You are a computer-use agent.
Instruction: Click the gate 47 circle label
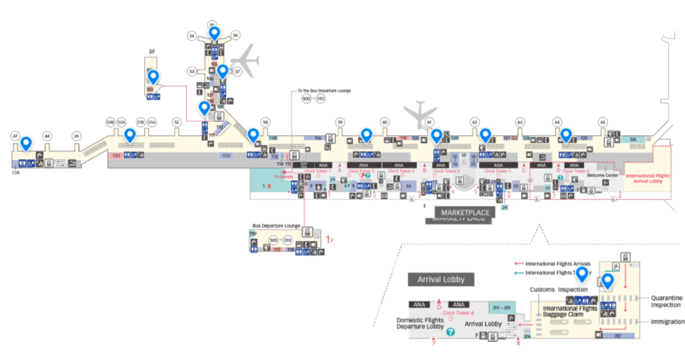click(15, 136)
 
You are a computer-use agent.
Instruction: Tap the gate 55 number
click(212, 24)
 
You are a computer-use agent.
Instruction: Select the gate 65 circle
click(603, 122)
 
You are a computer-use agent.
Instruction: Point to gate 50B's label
click(110, 122)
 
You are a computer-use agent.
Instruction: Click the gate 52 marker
click(177, 122)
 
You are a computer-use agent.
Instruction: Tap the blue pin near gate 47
click(26, 143)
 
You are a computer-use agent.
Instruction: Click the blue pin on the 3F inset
click(153, 77)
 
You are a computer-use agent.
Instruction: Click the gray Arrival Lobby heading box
click(440, 279)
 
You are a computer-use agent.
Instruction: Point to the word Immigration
click(668, 322)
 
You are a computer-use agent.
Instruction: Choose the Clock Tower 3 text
click(400, 171)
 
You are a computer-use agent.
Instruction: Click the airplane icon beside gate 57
click(247, 60)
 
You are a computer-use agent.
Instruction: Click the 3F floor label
click(152, 51)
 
